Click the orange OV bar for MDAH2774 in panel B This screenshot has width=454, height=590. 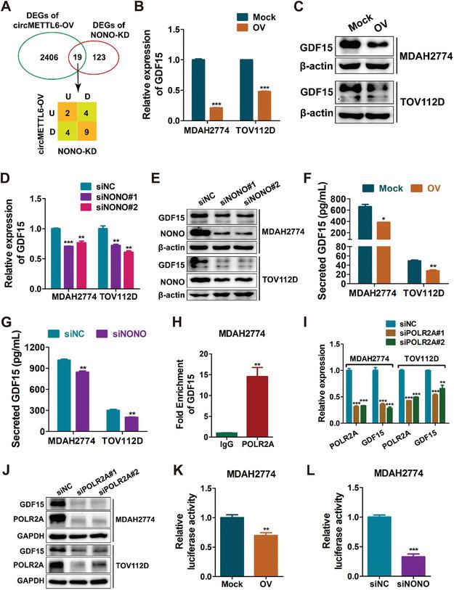pos(216,113)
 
